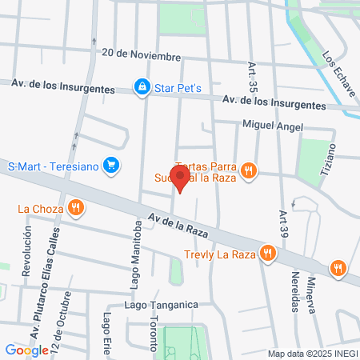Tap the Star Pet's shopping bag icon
(x=142, y=86)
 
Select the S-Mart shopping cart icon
(x=112, y=166)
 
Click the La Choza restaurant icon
(x=76, y=209)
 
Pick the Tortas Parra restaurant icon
(x=250, y=170)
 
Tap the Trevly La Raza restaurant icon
(x=268, y=254)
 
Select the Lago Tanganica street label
(x=160, y=305)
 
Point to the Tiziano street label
(x=340, y=166)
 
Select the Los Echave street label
(x=339, y=77)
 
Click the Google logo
(x=26, y=350)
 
